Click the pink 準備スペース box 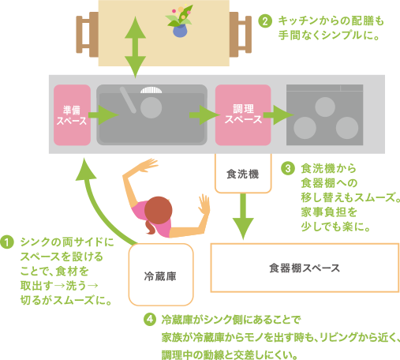[72, 115]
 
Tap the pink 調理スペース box [243, 115]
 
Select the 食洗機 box [243, 174]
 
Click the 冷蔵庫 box [161, 275]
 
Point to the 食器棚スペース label [305, 268]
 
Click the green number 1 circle [7, 242]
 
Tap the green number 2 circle [265, 21]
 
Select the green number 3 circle [288, 168]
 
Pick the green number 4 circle [150, 320]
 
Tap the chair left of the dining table [88, 35]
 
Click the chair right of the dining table [241, 35]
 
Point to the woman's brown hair [157, 214]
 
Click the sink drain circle [151, 107]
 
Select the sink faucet [128, 100]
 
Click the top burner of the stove [325, 107]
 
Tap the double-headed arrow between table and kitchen [135, 47]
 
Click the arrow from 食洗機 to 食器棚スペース [243, 216]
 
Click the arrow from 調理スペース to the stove [279, 115]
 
